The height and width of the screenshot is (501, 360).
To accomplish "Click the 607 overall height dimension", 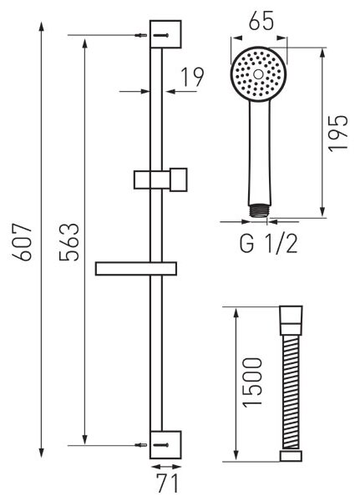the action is tap(22, 242).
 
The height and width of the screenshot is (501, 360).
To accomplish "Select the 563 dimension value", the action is tap(69, 242).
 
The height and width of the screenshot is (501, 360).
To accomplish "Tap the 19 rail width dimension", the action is tap(192, 77).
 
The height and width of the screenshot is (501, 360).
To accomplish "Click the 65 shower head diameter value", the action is tap(261, 21).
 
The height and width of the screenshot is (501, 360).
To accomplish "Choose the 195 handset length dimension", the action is tap(338, 133).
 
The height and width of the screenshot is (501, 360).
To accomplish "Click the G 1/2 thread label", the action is tap(269, 244).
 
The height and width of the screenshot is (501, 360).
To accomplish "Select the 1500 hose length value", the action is tap(252, 382).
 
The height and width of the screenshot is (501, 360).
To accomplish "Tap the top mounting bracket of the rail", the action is tap(165, 34).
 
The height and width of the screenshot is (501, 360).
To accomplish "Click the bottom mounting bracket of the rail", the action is tap(165, 444).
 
